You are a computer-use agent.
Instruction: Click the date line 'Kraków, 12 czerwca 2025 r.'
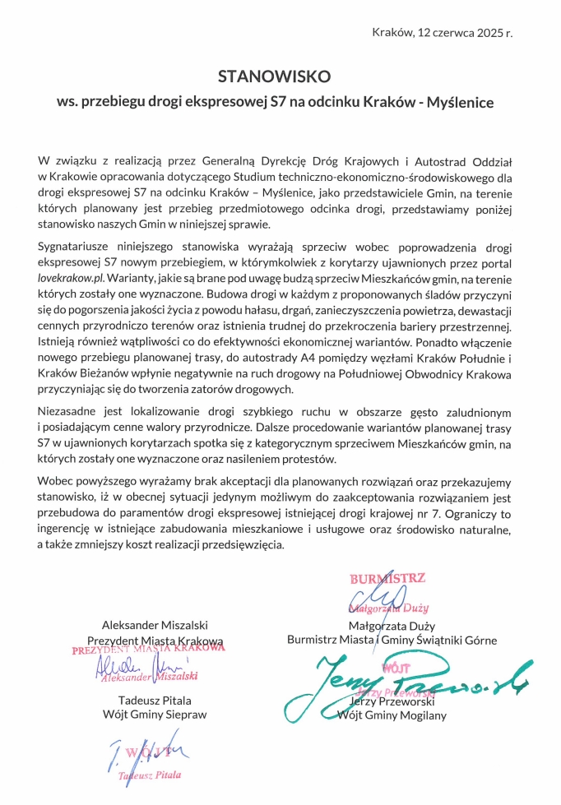(442, 33)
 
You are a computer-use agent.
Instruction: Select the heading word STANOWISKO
(274, 76)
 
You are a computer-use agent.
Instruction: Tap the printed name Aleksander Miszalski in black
(155, 625)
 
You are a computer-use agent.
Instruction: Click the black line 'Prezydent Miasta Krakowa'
(155, 641)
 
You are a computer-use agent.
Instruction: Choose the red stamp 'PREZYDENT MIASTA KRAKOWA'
(149, 649)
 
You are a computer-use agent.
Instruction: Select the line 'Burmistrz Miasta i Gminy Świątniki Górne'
(392, 640)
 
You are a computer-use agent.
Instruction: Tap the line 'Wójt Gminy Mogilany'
(392, 715)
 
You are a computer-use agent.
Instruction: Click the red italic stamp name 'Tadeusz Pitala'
(149, 775)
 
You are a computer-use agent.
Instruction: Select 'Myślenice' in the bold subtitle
(460, 103)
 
